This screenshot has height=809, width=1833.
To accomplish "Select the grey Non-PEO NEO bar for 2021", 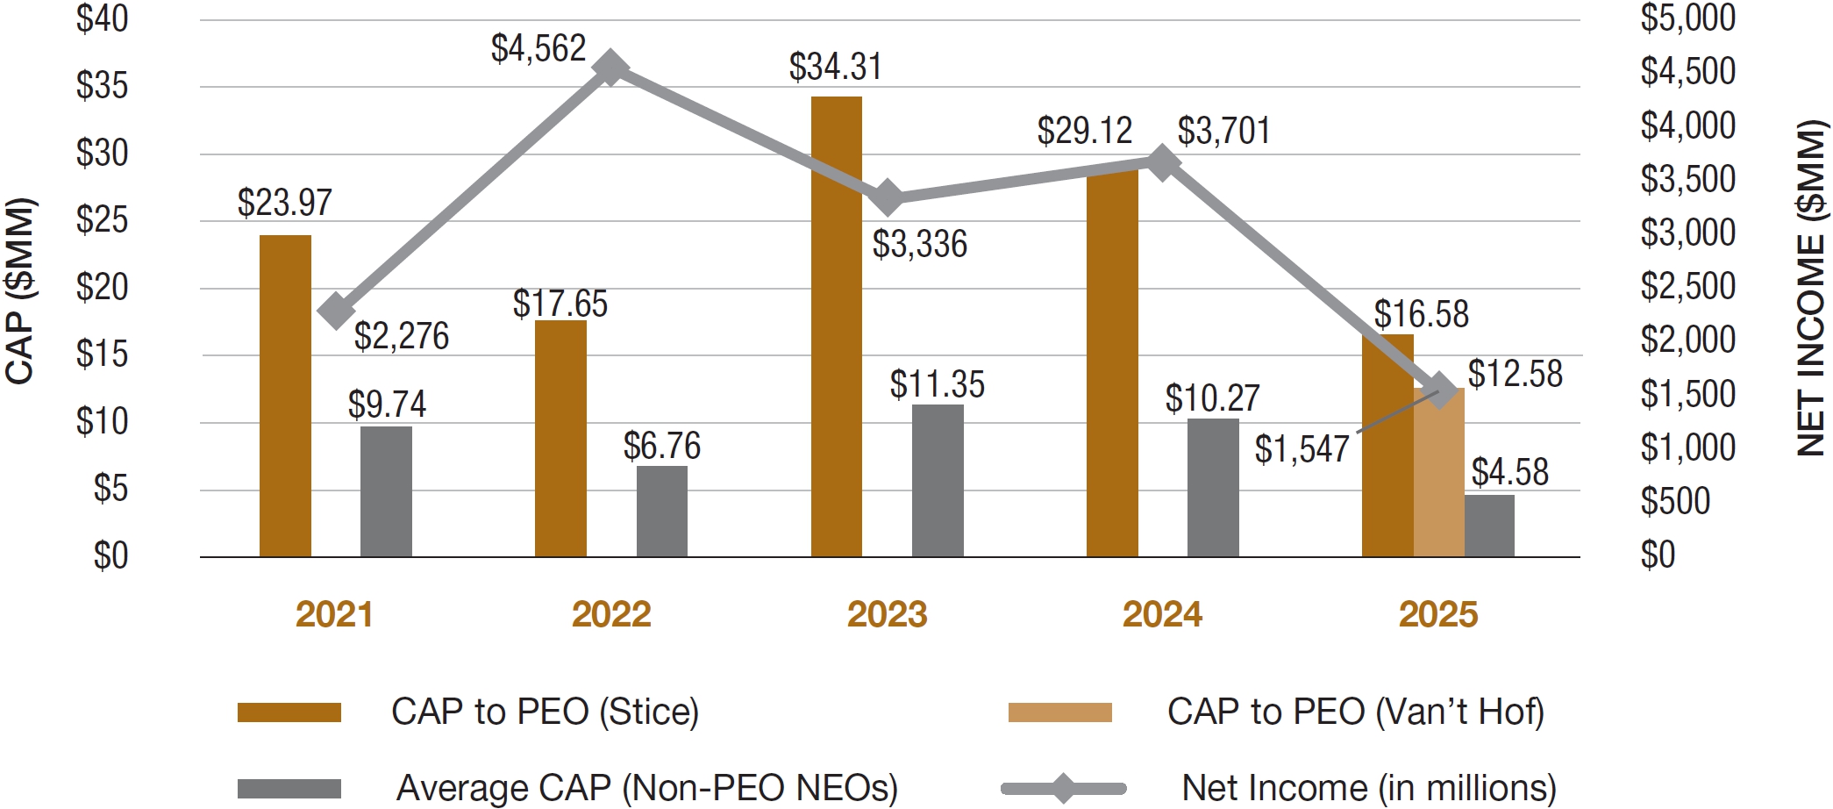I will click(386, 491).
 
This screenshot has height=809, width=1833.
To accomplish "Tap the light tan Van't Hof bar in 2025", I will click(1438, 474).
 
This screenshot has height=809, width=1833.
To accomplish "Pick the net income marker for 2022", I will click(610, 68).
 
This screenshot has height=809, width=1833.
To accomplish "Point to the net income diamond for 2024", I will click(1163, 162).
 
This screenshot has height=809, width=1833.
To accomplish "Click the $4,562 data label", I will click(538, 48).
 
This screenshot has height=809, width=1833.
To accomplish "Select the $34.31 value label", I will click(835, 67).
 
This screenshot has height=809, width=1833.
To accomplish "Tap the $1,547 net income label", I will click(1302, 449).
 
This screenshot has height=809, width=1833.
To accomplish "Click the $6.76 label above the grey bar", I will click(661, 446).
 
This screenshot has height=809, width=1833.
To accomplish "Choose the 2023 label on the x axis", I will click(887, 614).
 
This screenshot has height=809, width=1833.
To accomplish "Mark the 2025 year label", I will click(1438, 614).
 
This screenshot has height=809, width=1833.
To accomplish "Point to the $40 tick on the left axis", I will click(102, 19).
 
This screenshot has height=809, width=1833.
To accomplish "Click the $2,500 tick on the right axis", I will click(1687, 287).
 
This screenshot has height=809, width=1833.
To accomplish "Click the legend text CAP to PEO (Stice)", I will click(545, 712).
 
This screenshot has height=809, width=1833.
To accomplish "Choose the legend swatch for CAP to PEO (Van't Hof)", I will click(1059, 712).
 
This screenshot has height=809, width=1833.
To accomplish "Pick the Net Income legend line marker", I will click(1063, 788).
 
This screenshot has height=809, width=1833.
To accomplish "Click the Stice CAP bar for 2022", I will click(560, 439).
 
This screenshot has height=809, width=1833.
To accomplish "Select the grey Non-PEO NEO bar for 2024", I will click(1213, 488).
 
